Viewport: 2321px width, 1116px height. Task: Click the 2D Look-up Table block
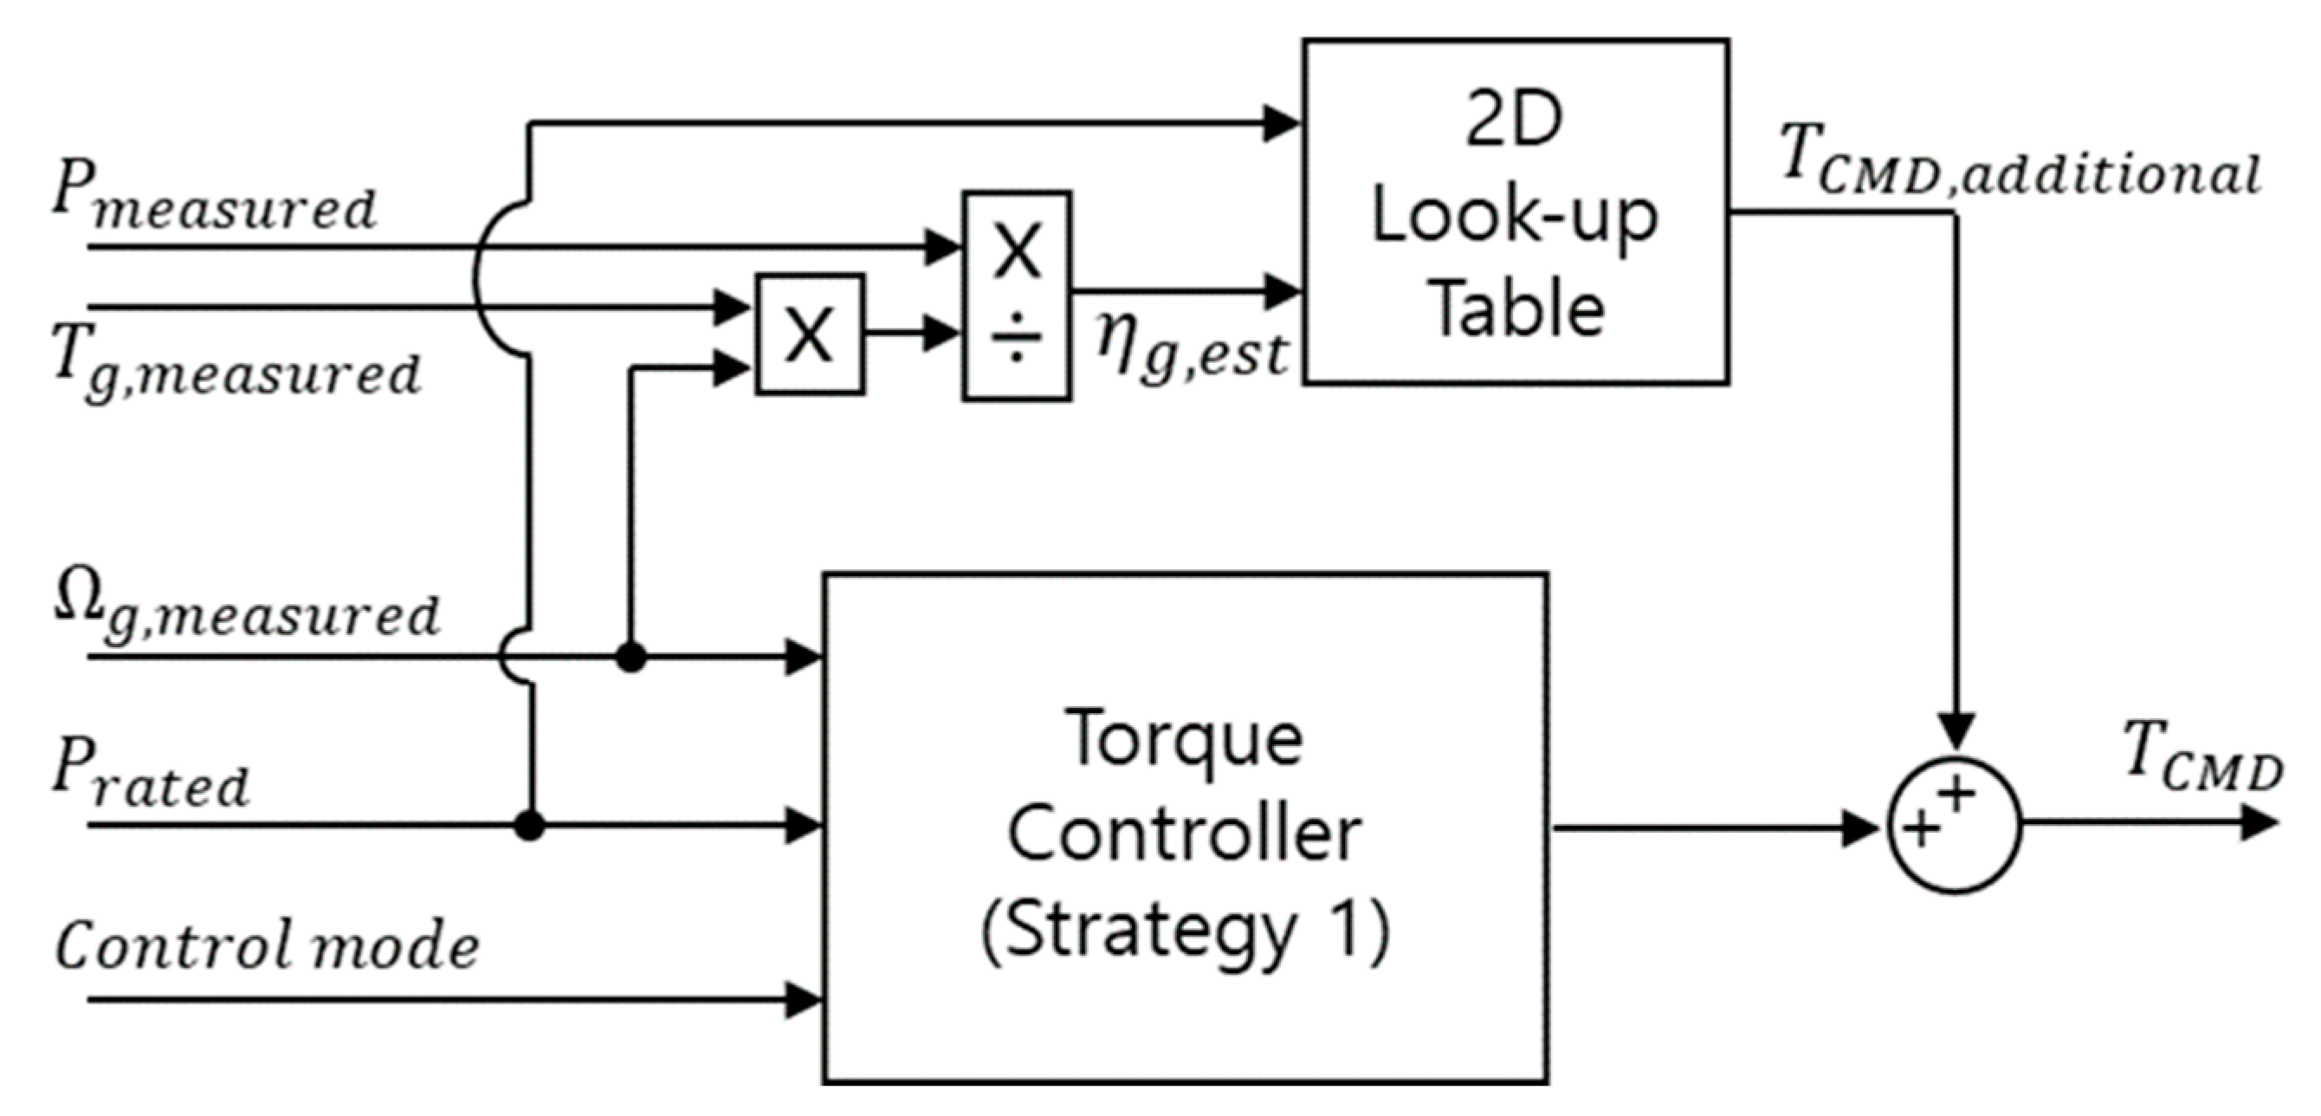[x=1515, y=211]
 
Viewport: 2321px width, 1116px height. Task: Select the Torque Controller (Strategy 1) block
[x=1185, y=827]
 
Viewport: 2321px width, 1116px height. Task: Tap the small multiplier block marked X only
[x=809, y=334]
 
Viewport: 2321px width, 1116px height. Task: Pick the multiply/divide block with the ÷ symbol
[x=1017, y=295]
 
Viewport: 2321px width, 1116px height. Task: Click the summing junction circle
[x=1954, y=826]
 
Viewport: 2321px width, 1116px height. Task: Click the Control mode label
[x=268, y=945]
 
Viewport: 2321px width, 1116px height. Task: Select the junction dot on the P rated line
[x=530, y=825]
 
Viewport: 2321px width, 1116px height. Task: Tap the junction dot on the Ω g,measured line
[x=630, y=657]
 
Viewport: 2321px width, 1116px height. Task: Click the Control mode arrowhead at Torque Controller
[x=802, y=1000]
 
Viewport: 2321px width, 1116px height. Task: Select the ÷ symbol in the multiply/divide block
[x=1017, y=340]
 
